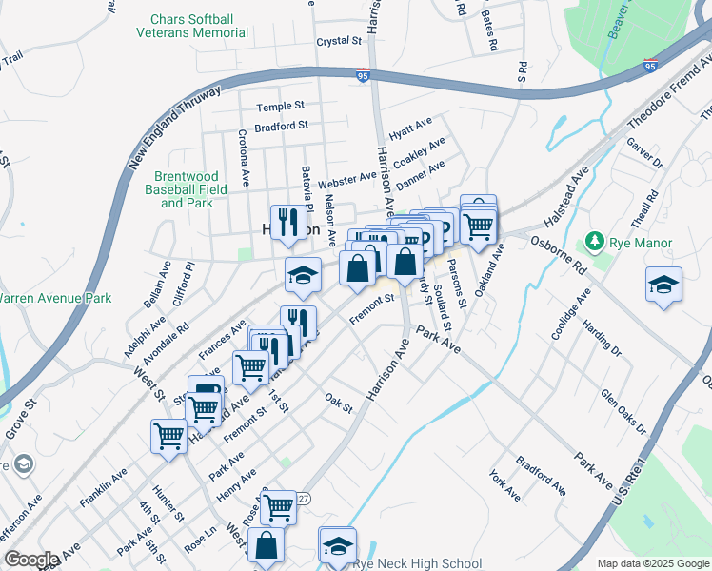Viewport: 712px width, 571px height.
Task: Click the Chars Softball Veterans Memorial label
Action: tap(200, 26)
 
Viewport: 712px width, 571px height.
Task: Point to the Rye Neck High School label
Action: tap(417, 563)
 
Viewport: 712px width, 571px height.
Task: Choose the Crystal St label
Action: tap(340, 42)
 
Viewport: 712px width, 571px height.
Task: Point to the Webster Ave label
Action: tap(346, 179)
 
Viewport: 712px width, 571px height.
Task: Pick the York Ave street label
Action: tap(504, 485)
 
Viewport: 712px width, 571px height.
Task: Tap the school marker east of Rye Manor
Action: tap(663, 284)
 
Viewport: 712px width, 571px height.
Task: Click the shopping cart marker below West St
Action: tap(168, 437)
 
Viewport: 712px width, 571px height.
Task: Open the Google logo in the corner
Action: tap(31, 560)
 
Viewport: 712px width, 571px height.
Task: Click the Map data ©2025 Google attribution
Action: tap(652, 563)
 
